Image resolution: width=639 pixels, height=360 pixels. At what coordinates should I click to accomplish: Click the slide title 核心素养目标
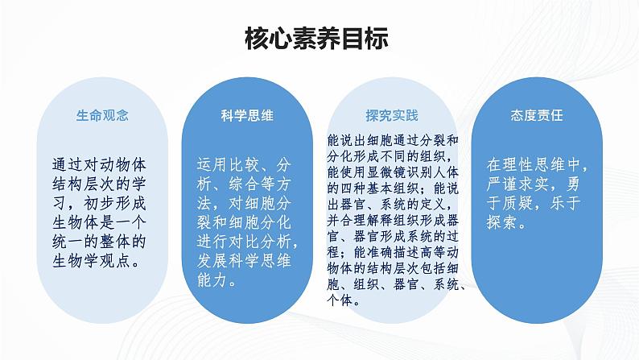pos(319,39)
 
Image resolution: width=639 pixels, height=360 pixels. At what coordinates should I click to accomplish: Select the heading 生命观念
pos(102,116)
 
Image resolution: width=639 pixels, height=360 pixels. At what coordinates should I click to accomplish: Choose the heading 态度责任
pos(536,116)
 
